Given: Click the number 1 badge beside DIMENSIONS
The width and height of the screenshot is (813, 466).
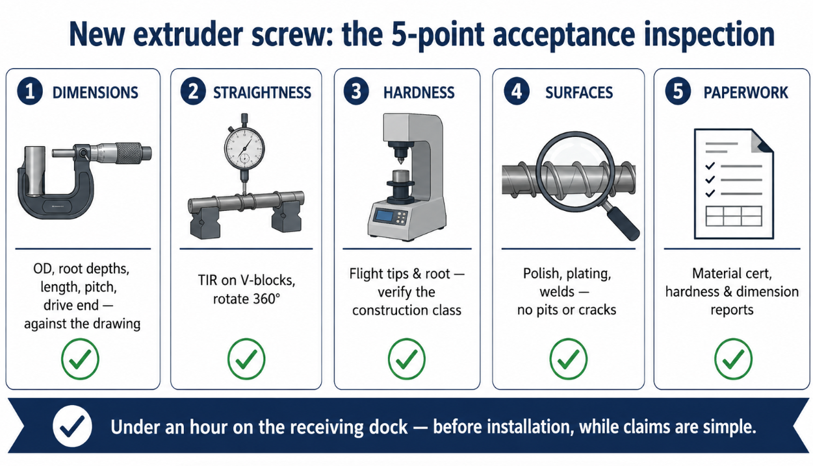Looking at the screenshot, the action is click(30, 92).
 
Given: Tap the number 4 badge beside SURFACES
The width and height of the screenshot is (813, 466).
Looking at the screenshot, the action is click(517, 92).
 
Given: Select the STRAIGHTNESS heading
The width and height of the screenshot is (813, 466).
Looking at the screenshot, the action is click(262, 93).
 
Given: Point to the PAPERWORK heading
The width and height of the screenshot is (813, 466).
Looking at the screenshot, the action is click(746, 93).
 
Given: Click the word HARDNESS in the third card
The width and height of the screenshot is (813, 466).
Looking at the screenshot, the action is click(419, 93).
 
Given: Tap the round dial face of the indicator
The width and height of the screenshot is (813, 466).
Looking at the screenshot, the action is click(244, 149).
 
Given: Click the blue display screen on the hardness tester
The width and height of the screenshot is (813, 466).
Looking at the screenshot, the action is click(384, 216).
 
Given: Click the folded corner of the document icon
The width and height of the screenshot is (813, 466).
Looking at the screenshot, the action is click(762, 141).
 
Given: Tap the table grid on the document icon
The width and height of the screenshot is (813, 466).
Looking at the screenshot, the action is click(734, 216).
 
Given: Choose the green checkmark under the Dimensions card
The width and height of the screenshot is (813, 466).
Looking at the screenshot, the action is click(80, 359).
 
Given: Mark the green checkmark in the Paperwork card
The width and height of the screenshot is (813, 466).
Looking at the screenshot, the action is click(733, 359).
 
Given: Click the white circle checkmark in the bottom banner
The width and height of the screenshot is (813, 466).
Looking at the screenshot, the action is click(72, 426).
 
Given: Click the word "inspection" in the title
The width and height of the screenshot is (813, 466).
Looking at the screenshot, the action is click(709, 35).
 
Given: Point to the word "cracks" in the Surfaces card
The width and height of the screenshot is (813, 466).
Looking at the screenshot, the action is click(597, 310).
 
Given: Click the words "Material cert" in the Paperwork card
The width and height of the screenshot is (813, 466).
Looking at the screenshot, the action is click(732, 274).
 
